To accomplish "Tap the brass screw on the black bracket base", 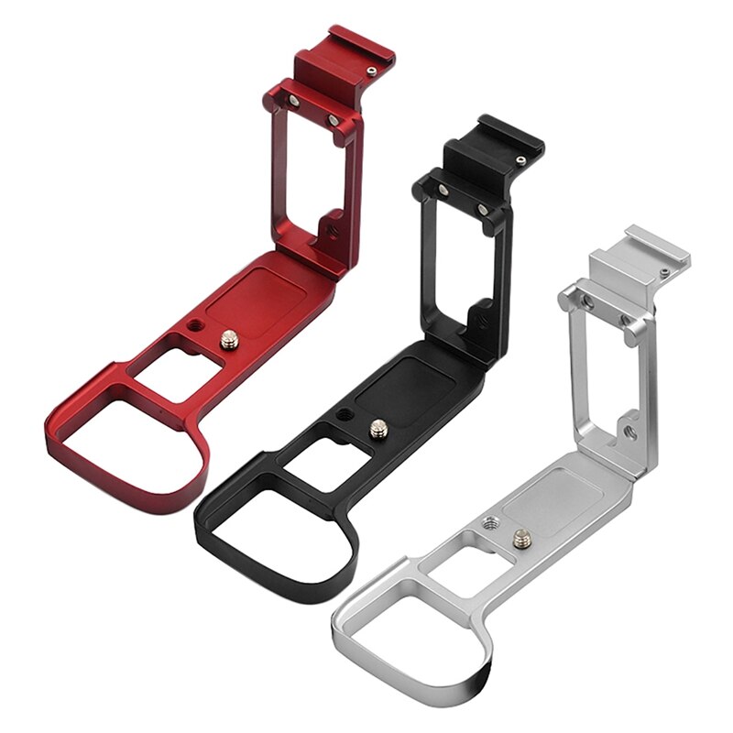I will click(377, 426).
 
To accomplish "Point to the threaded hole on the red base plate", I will click(195, 326).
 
